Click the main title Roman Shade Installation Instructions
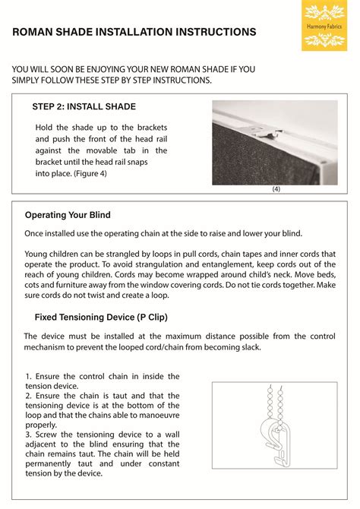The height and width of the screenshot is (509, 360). pyautogui.click(x=134, y=33)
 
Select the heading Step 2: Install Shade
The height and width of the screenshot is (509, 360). pyautogui.click(x=84, y=106)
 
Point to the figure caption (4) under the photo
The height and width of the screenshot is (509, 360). pyautogui.click(x=276, y=190)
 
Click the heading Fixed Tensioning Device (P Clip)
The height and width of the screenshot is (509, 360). pyautogui.click(x=101, y=316)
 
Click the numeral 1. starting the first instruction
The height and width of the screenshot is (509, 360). pyautogui.click(x=28, y=376)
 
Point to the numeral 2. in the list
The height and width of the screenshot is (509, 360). pyautogui.click(x=28, y=396)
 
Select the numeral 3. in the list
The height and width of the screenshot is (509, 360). pyautogui.click(x=28, y=435)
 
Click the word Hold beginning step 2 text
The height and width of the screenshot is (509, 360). pyautogui.click(x=46, y=127)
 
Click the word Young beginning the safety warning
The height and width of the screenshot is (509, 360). pyautogui.click(x=39, y=254)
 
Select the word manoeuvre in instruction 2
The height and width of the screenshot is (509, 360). pyautogui.click(x=156, y=416)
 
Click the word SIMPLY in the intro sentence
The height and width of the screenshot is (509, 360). pyautogui.click(x=30, y=81)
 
